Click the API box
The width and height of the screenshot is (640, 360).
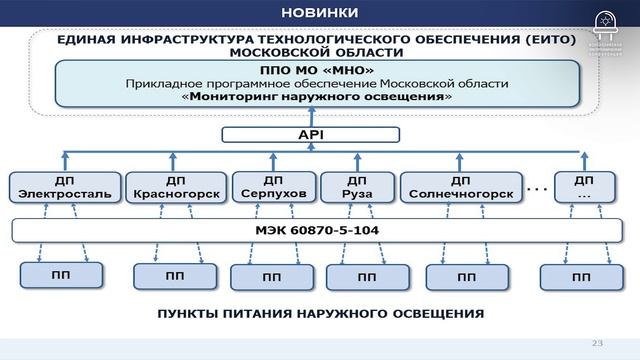point(307,132)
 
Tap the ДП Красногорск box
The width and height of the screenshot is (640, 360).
point(175,187)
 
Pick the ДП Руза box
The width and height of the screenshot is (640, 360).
point(356,187)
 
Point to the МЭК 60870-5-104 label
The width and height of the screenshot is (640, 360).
point(304,232)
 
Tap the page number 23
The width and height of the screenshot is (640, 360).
point(598,343)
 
